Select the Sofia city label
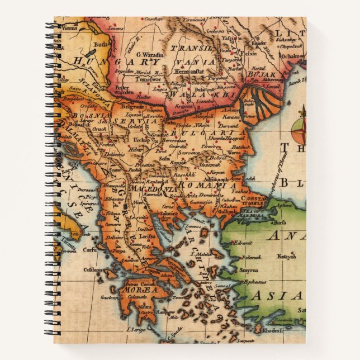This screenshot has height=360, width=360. pyautogui.click(x=165, y=158)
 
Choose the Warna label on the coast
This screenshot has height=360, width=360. pyautogui.click(x=234, y=150)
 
